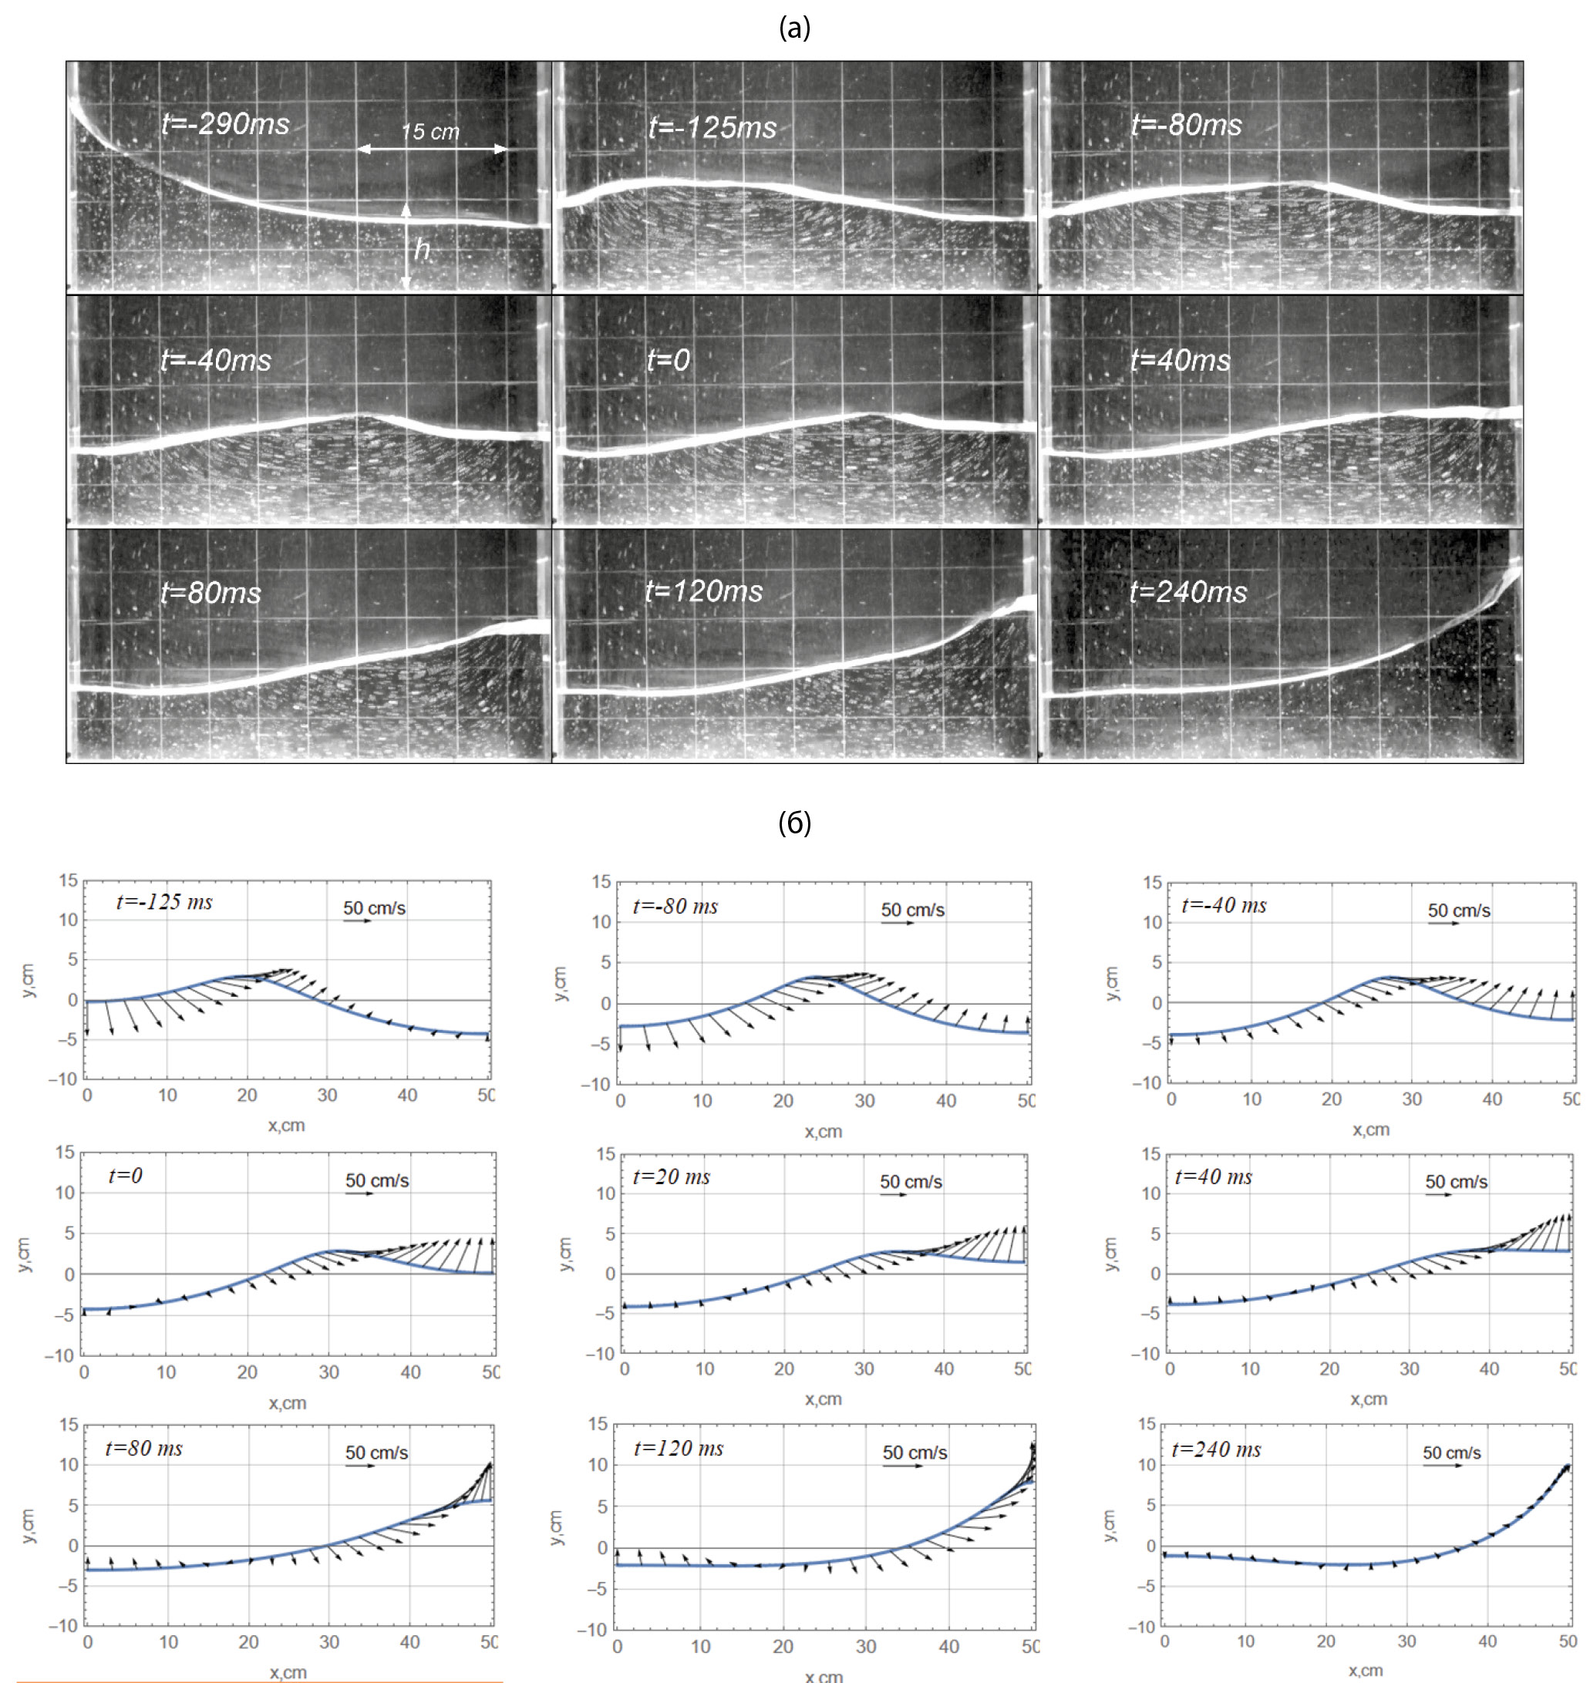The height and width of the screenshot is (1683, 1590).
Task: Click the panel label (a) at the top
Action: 794,28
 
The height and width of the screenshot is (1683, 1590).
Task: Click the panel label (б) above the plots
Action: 794,822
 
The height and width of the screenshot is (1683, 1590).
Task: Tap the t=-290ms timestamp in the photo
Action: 225,125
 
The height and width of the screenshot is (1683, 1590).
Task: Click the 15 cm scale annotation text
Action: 430,132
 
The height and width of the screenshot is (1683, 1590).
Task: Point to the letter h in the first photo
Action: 421,250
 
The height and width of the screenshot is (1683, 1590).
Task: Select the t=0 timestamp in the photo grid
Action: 668,360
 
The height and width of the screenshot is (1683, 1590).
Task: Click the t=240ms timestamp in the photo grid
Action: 1188,591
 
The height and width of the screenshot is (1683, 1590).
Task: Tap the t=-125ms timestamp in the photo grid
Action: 712,127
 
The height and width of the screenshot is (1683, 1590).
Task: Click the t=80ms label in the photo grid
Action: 211,592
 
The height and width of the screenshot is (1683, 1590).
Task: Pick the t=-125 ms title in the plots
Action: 164,902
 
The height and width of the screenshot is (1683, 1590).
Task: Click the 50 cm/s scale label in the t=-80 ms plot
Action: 912,909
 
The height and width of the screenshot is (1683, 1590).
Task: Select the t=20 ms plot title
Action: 672,1177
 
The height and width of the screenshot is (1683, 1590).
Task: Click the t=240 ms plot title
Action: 1215,1450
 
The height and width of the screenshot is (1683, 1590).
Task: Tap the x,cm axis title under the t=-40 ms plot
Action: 1370,1129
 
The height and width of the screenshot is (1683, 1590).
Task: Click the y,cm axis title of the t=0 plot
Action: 24,1254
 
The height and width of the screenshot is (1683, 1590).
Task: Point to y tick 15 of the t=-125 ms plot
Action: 68,880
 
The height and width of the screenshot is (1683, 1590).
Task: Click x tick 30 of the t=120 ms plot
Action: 865,1647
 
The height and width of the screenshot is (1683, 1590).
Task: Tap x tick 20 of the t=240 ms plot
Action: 1326,1641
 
